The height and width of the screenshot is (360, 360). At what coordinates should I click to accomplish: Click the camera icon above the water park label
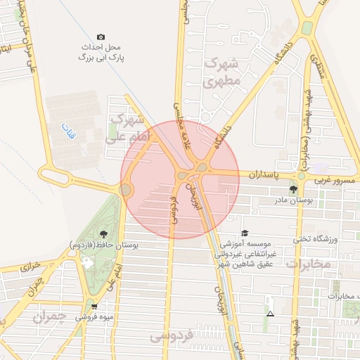[x=101, y=37]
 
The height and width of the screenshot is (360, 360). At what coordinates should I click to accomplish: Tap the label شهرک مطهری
[x=222, y=72]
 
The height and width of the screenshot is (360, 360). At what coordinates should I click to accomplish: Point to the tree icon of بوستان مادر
[x=293, y=189]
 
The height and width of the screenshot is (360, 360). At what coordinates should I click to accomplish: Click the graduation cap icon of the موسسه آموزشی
[x=244, y=233]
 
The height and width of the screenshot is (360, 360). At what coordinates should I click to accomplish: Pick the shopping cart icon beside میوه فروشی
[x=94, y=307]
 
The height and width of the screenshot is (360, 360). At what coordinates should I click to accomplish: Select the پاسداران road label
[x=264, y=173]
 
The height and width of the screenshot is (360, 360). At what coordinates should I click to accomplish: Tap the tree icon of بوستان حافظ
[x=104, y=233]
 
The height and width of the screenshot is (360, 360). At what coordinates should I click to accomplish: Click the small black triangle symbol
[x=271, y=311]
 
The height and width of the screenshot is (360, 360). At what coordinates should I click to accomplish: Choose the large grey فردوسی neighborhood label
[x=172, y=337]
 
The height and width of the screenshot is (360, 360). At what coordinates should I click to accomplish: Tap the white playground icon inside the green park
[x=87, y=263]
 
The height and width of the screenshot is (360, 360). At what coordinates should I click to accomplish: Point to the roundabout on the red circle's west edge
[x=126, y=189]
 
